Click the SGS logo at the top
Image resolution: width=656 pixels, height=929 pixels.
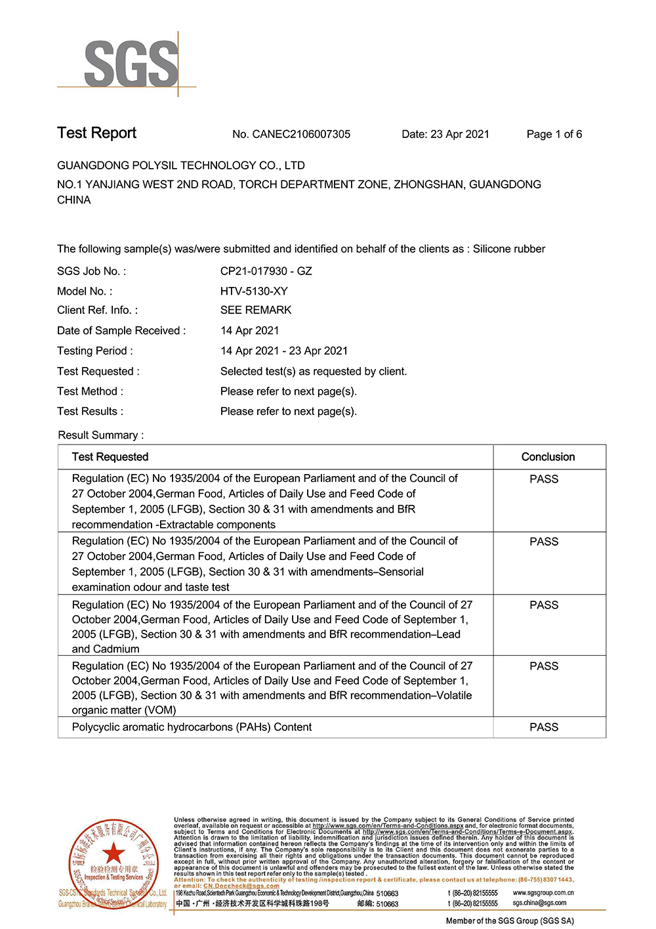[x=131, y=64]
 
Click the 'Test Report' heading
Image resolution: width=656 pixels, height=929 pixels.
[x=96, y=133]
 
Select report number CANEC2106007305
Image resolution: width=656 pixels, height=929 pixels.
[x=301, y=135]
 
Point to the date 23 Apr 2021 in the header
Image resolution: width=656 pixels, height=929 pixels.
[x=459, y=135]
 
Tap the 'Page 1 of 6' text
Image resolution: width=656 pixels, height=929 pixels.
[x=554, y=135]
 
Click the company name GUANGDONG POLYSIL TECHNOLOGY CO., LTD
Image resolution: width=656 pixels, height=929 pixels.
[x=181, y=165]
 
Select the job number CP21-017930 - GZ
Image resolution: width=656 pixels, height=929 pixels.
[x=266, y=271]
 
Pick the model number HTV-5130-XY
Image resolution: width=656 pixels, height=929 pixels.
[x=254, y=291]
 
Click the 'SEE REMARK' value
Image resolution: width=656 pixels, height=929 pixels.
[x=256, y=310]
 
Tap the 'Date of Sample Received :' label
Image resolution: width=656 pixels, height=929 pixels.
[x=121, y=331]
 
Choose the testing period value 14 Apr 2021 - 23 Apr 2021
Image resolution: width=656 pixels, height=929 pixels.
[x=284, y=351]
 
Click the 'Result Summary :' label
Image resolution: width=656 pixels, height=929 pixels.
[x=101, y=435]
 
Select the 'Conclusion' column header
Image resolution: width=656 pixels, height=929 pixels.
[x=548, y=457]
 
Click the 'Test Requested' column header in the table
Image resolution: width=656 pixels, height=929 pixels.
[x=110, y=457]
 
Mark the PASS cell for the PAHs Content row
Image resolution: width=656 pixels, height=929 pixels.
[x=544, y=727]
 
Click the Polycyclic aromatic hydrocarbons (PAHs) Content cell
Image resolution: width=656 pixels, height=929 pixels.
[x=192, y=727]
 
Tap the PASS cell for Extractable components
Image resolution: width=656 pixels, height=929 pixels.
[x=544, y=479]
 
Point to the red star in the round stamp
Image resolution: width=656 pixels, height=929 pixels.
[x=113, y=853]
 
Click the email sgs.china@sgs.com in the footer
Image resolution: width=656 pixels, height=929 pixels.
[x=539, y=903]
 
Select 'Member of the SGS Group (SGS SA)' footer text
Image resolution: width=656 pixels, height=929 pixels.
[x=510, y=921]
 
